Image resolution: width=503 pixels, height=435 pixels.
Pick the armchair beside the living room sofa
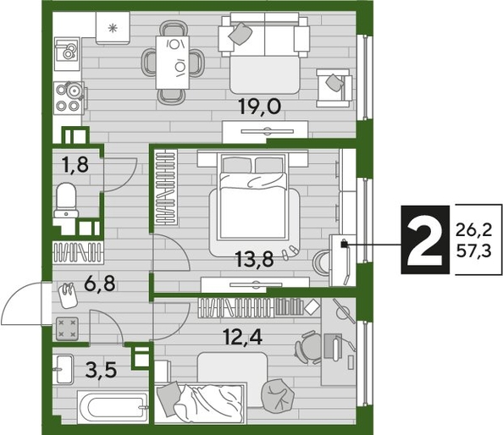334,85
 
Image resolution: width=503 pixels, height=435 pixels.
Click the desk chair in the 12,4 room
310,348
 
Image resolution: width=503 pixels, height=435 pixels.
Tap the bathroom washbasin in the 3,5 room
64,366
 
